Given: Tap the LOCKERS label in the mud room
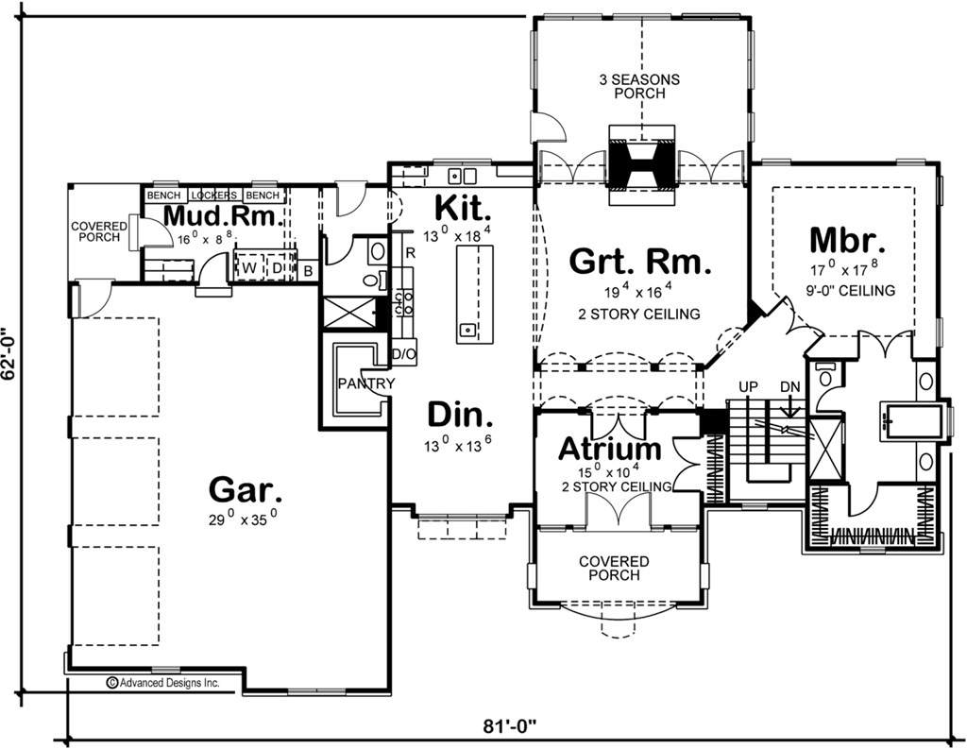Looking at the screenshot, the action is [214, 195].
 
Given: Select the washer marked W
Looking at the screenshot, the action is [249, 267].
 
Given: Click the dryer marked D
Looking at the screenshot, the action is [277, 267].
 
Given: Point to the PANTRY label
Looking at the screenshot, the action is [366, 383].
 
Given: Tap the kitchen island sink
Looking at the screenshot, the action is [468, 329].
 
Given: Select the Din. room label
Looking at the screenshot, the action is [461, 415].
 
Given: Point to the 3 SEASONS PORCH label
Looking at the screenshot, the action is [639, 86].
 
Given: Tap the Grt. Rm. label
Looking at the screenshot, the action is [640, 261].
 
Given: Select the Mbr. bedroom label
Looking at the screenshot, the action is [847, 241].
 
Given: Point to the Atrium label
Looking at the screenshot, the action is [610, 449].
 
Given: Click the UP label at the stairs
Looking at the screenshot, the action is [749, 387].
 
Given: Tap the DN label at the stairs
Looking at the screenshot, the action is [790, 387].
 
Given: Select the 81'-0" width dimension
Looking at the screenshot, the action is [509, 726].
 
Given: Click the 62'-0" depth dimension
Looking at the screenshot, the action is [8, 363].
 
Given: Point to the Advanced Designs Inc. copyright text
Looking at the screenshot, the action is [163, 682].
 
